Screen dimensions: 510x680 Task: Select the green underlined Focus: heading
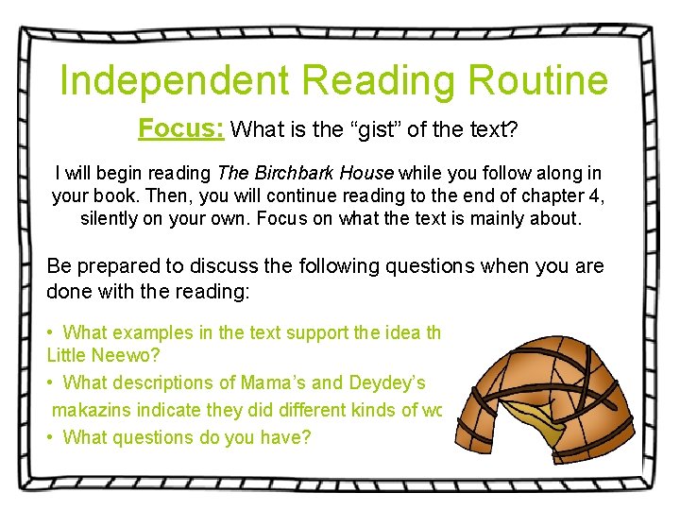(180, 128)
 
